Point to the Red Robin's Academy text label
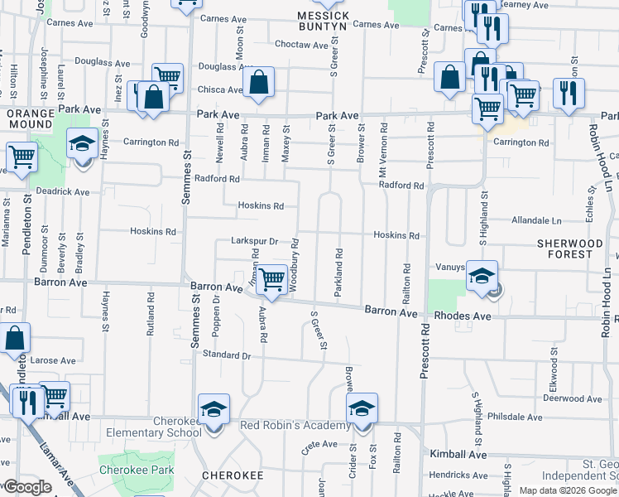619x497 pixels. pos(295,426)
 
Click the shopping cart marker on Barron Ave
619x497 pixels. pos(271,281)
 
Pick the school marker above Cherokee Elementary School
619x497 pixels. pos(214,410)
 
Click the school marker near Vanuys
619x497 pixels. pos(482,277)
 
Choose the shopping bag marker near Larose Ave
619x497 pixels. pos(15,339)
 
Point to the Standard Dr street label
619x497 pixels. pos(226,355)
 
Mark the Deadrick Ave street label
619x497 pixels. pos(61,191)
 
